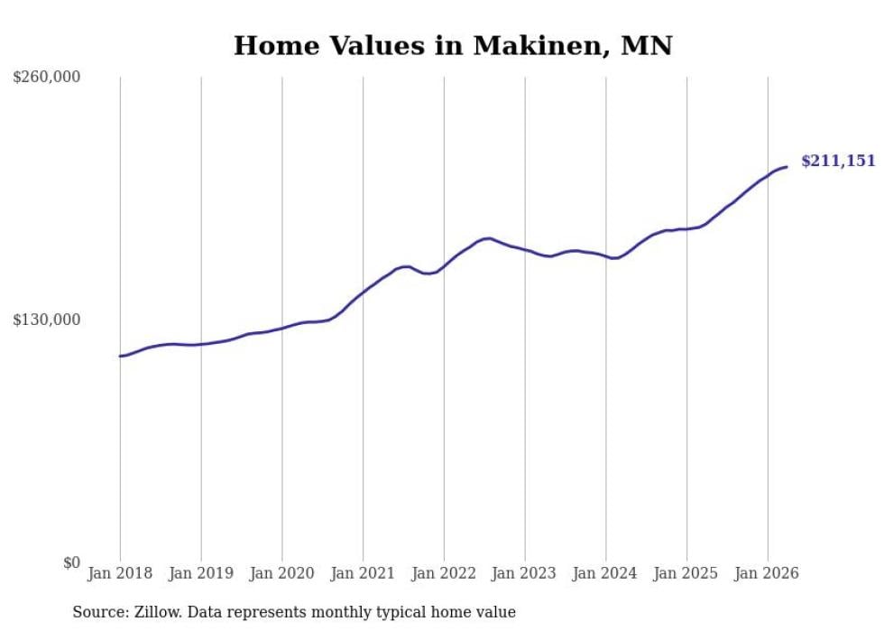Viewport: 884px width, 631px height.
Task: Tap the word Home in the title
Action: [277, 46]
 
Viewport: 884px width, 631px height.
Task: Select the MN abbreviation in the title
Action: [647, 46]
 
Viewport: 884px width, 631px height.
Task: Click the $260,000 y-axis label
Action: [47, 76]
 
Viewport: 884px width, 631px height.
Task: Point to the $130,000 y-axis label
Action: [47, 320]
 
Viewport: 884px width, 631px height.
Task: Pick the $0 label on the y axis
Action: [71, 562]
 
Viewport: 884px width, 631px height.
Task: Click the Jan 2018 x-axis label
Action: [120, 573]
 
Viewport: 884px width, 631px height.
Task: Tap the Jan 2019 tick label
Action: [201, 573]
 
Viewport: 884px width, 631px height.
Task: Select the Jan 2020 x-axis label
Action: [281, 573]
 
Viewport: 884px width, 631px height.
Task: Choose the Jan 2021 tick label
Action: [363, 573]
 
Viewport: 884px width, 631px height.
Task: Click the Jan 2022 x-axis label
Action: [444, 573]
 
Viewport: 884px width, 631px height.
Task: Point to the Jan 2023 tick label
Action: [524, 573]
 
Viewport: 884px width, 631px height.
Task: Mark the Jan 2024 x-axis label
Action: [605, 573]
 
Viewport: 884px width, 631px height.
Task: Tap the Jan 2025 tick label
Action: [686, 573]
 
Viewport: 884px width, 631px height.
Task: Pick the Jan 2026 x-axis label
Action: [768, 573]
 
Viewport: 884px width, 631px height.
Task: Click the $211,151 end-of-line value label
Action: [838, 162]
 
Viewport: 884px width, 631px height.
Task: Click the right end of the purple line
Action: [787, 167]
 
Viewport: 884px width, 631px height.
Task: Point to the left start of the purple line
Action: [120, 357]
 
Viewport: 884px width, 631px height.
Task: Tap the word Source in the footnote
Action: [100, 612]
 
